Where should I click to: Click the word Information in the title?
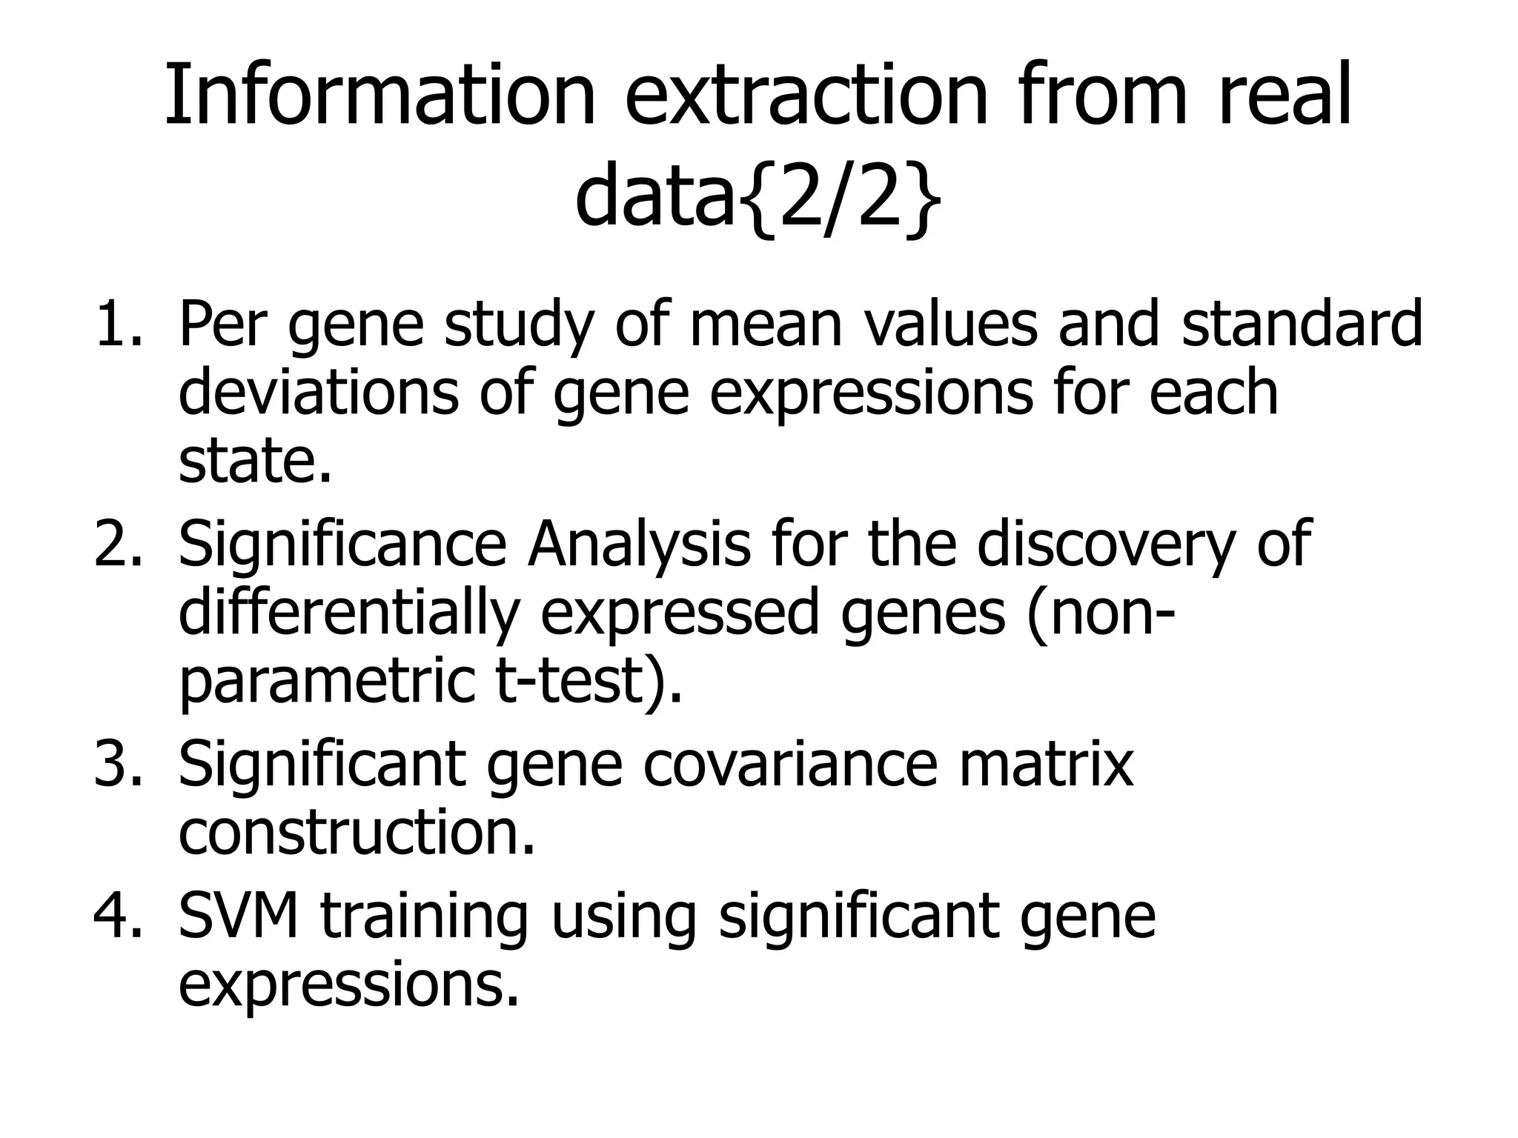click(379, 96)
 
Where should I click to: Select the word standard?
click(1302, 324)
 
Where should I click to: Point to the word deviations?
click(319, 392)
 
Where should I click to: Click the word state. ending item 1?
click(254, 461)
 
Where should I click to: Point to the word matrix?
click(1046, 765)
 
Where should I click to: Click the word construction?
click(356, 833)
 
